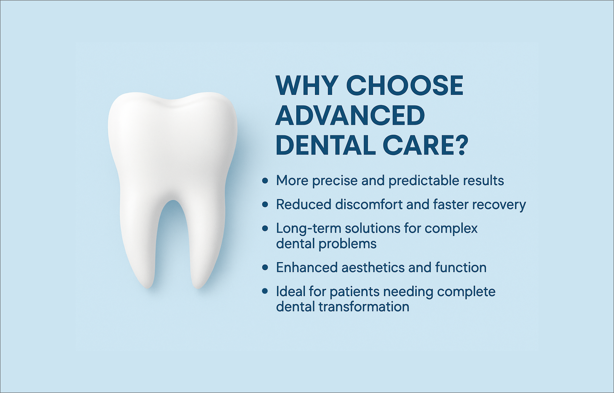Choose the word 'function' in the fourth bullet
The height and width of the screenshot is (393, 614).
coord(461,268)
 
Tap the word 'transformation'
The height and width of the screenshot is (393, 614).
coord(364,307)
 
